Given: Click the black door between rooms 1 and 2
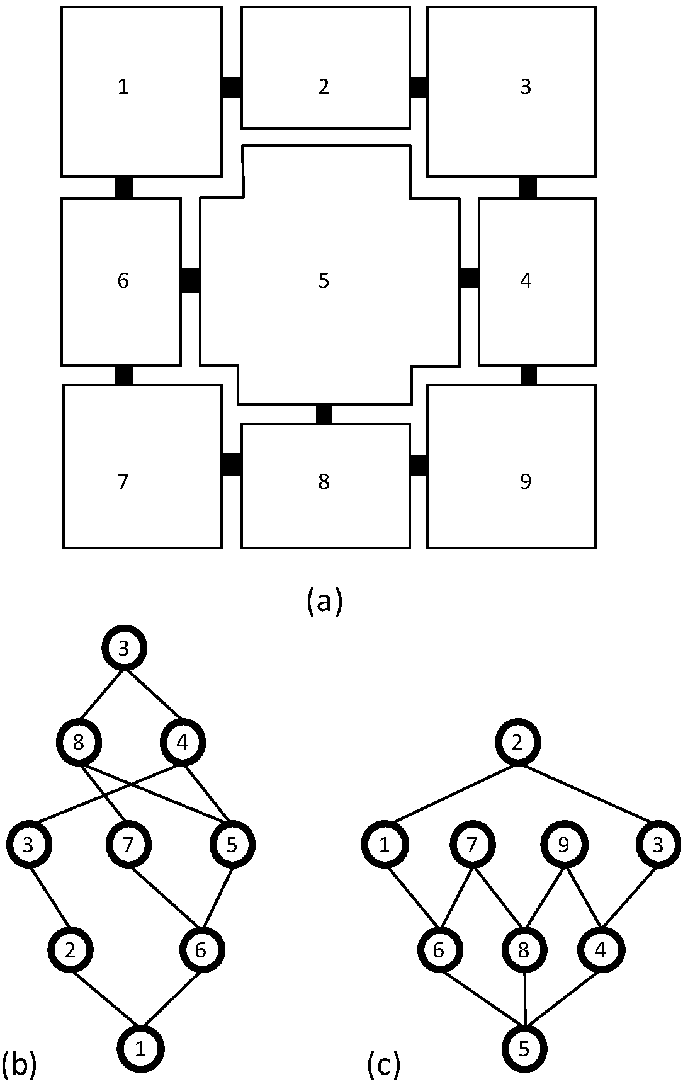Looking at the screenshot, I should (232, 87).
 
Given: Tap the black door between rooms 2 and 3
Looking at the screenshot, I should (418, 87).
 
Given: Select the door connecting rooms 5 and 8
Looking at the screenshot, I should (324, 414).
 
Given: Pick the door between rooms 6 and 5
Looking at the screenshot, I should (191, 280).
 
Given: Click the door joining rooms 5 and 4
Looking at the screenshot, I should (469, 278).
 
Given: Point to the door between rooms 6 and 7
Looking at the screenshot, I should (123, 374).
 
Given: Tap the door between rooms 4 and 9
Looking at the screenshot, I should (529, 374).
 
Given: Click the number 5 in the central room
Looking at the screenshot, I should (324, 280).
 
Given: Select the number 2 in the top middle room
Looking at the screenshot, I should (324, 86).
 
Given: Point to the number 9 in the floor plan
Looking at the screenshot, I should (526, 481).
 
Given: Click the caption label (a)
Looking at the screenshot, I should (324, 600).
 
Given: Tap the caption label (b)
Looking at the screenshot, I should (19, 1063).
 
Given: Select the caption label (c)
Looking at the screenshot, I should (383, 1063).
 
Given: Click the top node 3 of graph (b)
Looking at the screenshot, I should (124, 649).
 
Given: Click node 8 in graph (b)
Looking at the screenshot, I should (78, 743).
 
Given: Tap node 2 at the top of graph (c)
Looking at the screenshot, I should (517, 743).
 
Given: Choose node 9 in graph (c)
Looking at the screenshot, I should (563, 845).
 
